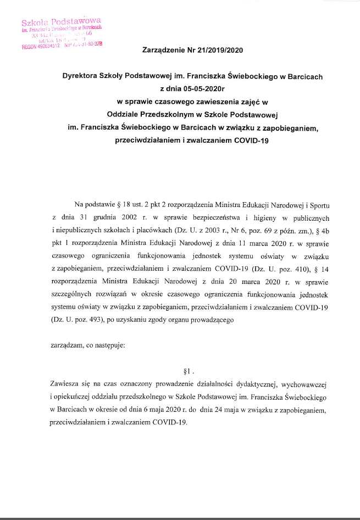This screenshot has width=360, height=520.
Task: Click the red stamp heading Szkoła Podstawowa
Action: tap(61, 22)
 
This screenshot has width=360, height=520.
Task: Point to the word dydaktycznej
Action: tap(244, 384)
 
